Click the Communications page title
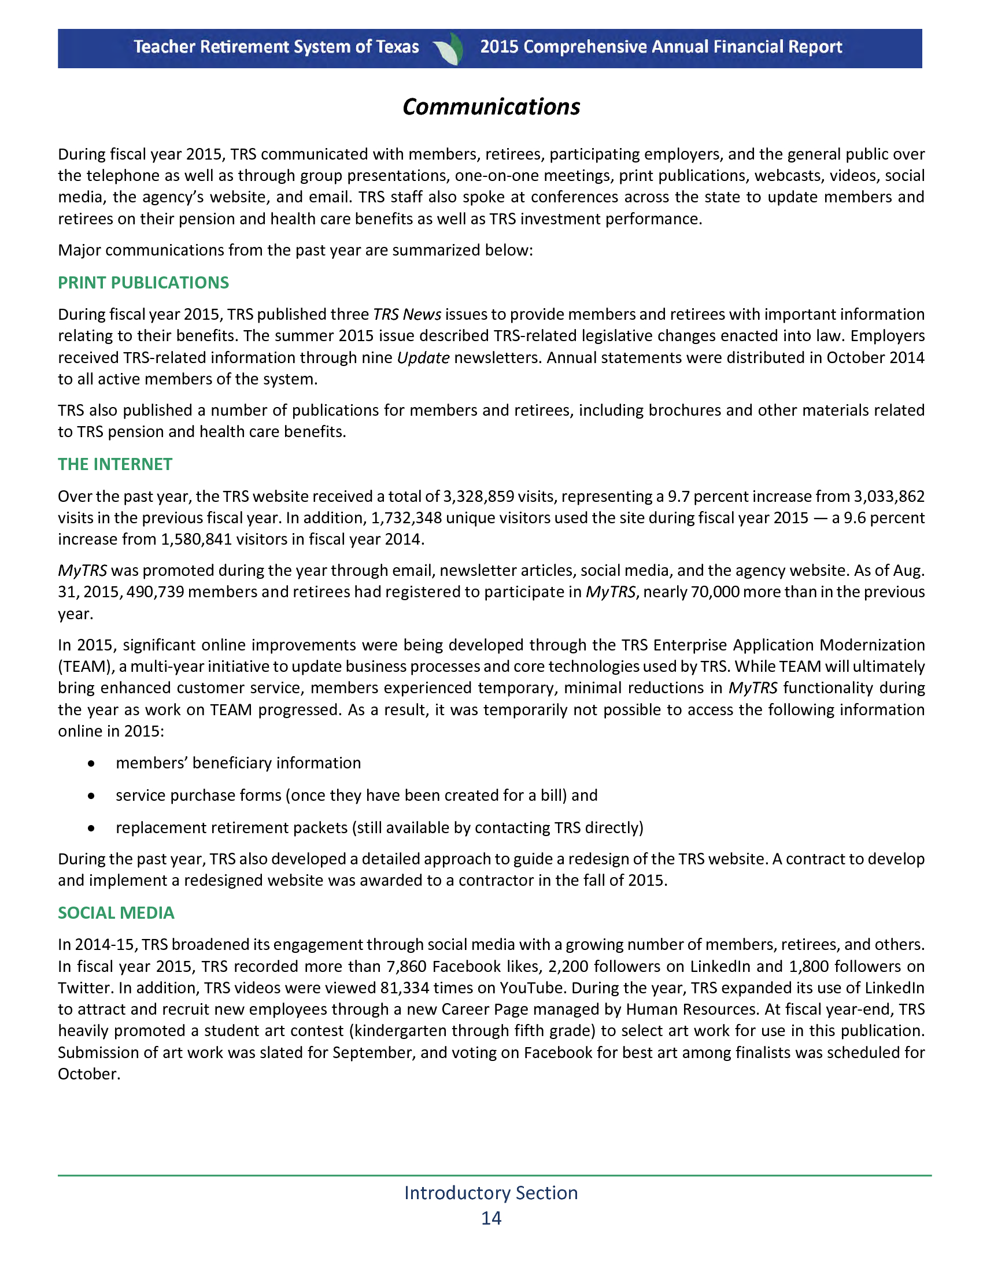pos(491,107)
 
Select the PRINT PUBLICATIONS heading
pos(143,283)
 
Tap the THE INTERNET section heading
pos(114,464)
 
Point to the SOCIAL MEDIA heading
pos(116,912)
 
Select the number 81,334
pos(405,988)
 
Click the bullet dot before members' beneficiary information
pos(91,764)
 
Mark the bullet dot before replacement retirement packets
pos(91,828)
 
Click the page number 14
pos(491,1218)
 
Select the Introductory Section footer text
pos(491,1193)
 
